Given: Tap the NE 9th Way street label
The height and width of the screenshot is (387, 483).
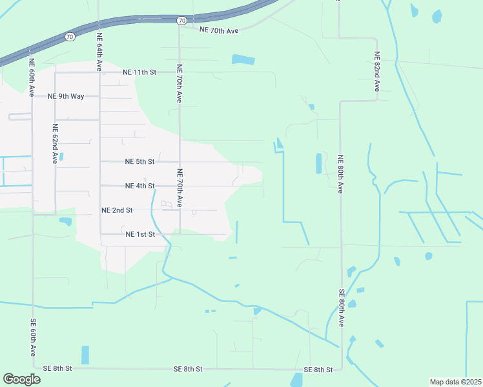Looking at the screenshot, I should point(66,96).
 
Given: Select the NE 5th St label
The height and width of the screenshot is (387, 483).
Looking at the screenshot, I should point(139,161).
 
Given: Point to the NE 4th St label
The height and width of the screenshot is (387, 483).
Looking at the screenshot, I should point(139,186).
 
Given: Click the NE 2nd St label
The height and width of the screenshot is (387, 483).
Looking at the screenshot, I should point(117,210).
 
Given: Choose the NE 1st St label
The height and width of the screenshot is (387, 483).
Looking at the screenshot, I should point(139,234).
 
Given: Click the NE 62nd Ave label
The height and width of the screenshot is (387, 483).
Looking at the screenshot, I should point(56,143).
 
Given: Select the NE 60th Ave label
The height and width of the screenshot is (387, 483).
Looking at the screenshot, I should point(31,77).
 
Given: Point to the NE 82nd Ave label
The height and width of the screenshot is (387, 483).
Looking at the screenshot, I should point(376,72).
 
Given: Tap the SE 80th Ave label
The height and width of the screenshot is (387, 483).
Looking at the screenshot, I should point(341,306).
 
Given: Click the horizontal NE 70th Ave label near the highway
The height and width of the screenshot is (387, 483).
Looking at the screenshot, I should point(219,30).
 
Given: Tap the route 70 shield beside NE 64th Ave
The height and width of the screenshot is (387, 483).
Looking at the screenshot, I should point(69,37).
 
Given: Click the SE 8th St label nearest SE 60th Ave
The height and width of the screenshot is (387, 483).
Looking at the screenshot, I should point(56,368).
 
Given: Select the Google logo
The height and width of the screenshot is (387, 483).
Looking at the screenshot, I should point(21,379).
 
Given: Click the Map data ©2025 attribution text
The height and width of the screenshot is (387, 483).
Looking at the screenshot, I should point(455,381).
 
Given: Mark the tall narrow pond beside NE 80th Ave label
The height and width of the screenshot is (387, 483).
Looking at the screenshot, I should point(318,163).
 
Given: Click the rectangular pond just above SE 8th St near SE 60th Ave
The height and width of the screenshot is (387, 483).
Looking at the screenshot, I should point(85,355).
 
